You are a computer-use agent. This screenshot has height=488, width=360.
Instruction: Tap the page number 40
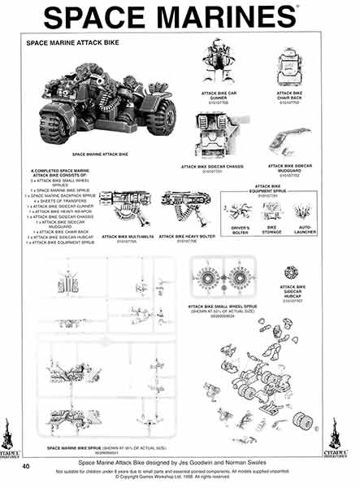pyautogui.click(x=26, y=466)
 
